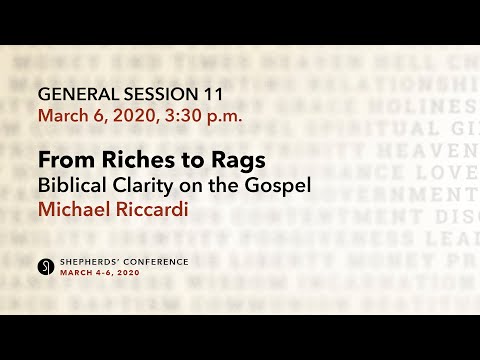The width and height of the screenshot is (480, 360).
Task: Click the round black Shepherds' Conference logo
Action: click(x=45, y=266)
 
